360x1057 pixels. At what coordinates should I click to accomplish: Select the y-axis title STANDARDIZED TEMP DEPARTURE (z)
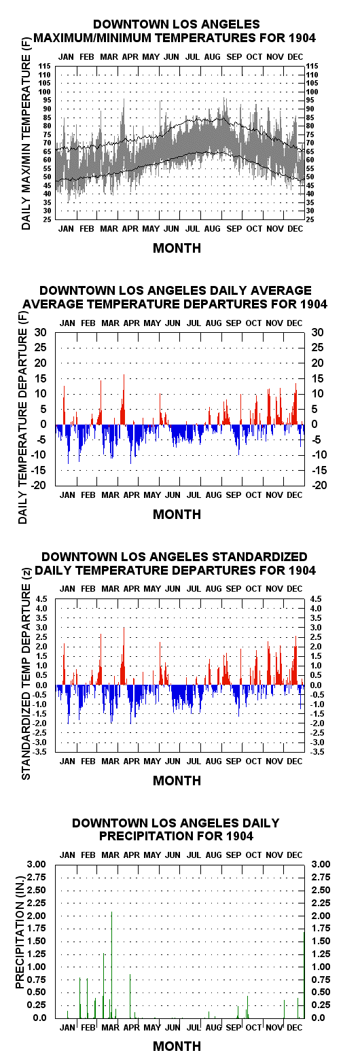tap(26, 675)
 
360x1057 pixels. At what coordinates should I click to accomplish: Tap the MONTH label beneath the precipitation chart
tap(177, 1045)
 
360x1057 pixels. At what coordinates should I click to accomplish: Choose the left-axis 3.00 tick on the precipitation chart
tap(37, 865)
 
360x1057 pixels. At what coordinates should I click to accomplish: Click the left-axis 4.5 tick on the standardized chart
tap(41, 599)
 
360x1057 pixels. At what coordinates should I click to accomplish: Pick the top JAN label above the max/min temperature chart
tap(66, 56)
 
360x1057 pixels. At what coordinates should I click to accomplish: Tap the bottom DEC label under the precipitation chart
tap(294, 1027)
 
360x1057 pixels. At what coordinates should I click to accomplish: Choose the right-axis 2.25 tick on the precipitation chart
tap(321, 903)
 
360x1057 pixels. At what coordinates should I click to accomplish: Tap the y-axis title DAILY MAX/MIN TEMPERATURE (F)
tap(26, 143)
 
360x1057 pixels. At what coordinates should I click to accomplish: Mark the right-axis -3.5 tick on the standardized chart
tap(317, 752)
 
